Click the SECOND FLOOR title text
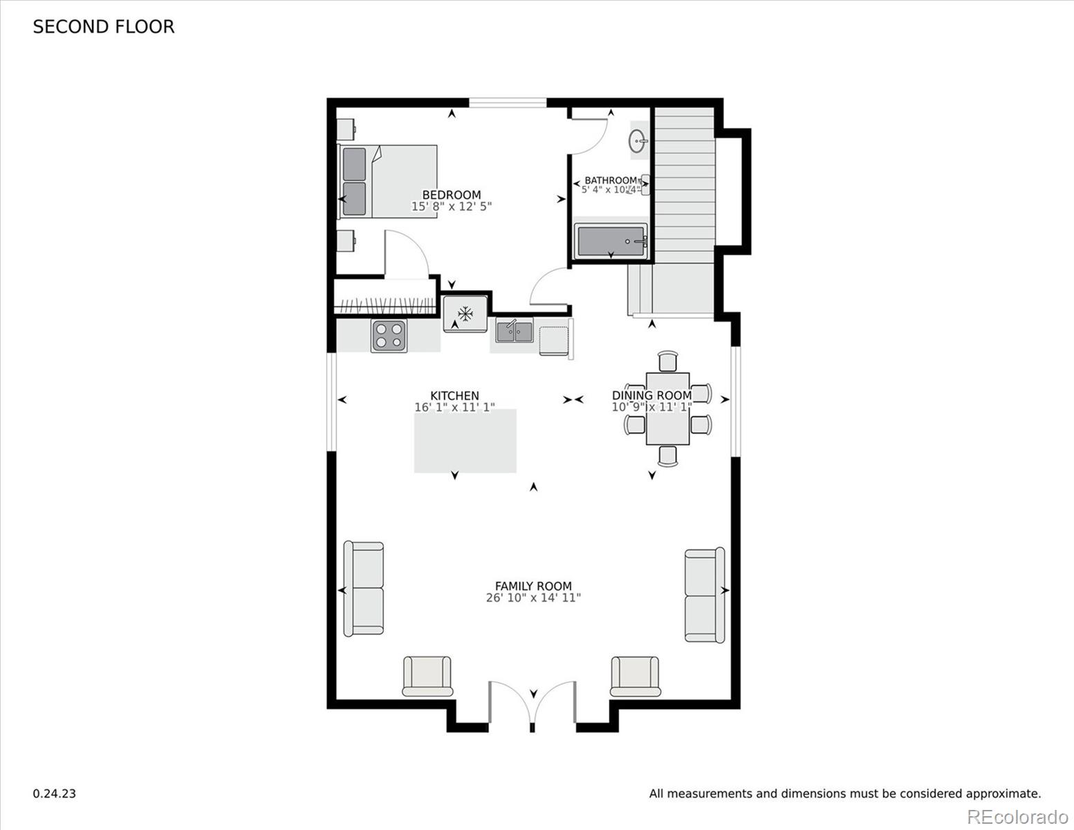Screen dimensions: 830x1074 [x=104, y=27]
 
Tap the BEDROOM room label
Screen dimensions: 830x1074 [x=452, y=195]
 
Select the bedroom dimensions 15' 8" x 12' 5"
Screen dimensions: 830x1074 [x=452, y=207]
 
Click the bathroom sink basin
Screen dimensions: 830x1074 [x=638, y=142]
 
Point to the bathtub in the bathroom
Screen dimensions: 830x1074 [x=611, y=241]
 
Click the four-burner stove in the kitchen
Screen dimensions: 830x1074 [x=388, y=336]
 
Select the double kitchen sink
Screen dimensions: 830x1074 [x=514, y=332]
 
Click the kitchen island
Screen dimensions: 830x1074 [x=465, y=441]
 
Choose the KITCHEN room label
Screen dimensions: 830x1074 [x=454, y=396]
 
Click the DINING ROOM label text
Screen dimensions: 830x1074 [x=651, y=396]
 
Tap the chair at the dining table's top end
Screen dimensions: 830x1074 [x=668, y=362]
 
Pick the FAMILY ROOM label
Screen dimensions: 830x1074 [x=533, y=586]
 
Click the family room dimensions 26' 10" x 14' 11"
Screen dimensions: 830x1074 [x=533, y=598]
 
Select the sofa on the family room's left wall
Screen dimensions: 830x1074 [x=364, y=589]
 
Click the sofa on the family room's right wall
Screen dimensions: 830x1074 [x=705, y=595]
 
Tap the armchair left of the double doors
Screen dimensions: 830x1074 [x=427, y=676]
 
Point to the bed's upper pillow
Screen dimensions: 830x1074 [x=354, y=164]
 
